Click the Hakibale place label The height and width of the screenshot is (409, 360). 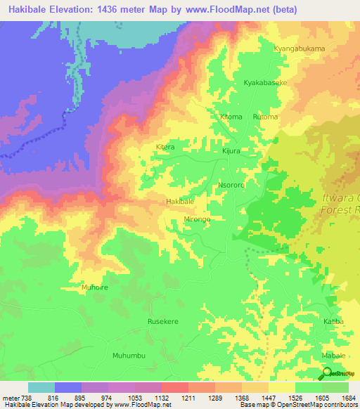pyautogui.click(x=180, y=202)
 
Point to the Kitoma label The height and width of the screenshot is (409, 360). pyautogui.click(x=231, y=116)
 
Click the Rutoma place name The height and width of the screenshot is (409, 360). pyautogui.click(x=265, y=116)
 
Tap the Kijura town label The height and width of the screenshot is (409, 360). pyautogui.click(x=231, y=150)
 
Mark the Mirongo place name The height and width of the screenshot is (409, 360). pyautogui.click(x=198, y=219)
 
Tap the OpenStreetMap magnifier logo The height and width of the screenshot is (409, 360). pyautogui.click(x=326, y=374)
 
